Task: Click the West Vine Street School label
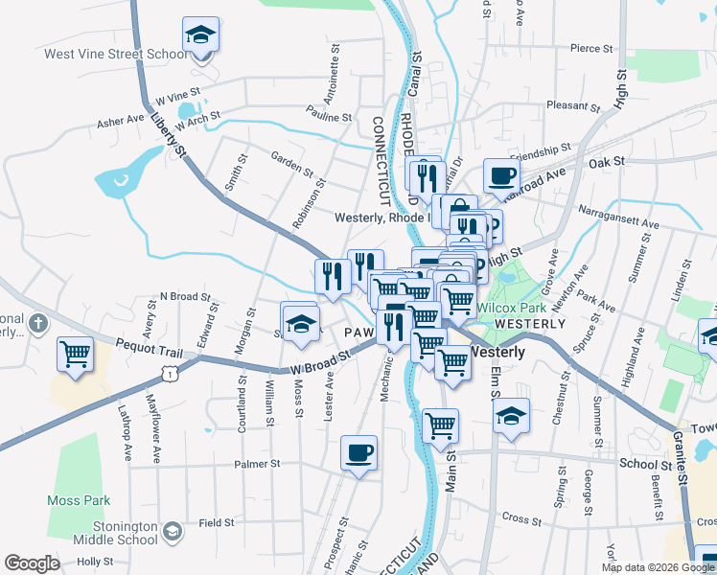115,55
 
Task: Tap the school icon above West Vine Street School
200,35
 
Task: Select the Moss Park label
79,500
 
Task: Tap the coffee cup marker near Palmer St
359,452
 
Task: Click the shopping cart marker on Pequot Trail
75,354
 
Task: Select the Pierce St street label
591,48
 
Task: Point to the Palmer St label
256,464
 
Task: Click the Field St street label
217,523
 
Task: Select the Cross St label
521,518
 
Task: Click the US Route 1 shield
169,375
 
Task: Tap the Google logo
32,563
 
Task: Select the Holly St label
95,562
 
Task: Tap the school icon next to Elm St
512,416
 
